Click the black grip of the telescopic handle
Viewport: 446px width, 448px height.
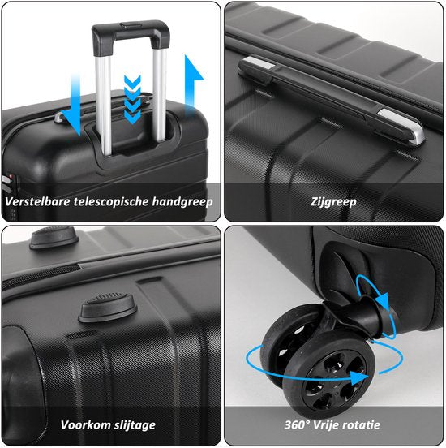[x=131, y=32]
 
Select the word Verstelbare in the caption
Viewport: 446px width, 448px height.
[x=37, y=201]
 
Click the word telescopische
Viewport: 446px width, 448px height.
[x=112, y=202]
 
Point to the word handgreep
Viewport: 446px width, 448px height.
[x=182, y=202]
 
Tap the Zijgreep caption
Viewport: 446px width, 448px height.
[x=333, y=202]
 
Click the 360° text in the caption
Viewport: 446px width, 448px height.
[x=297, y=424]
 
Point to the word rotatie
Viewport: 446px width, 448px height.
[x=361, y=425]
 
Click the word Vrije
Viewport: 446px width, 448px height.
[x=326, y=425]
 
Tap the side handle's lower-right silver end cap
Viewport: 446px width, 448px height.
[x=401, y=125]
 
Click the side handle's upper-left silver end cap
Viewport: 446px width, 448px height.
[x=259, y=62]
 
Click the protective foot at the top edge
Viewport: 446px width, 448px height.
[x=54, y=237]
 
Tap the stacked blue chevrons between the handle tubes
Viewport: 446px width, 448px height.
[x=132, y=99]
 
